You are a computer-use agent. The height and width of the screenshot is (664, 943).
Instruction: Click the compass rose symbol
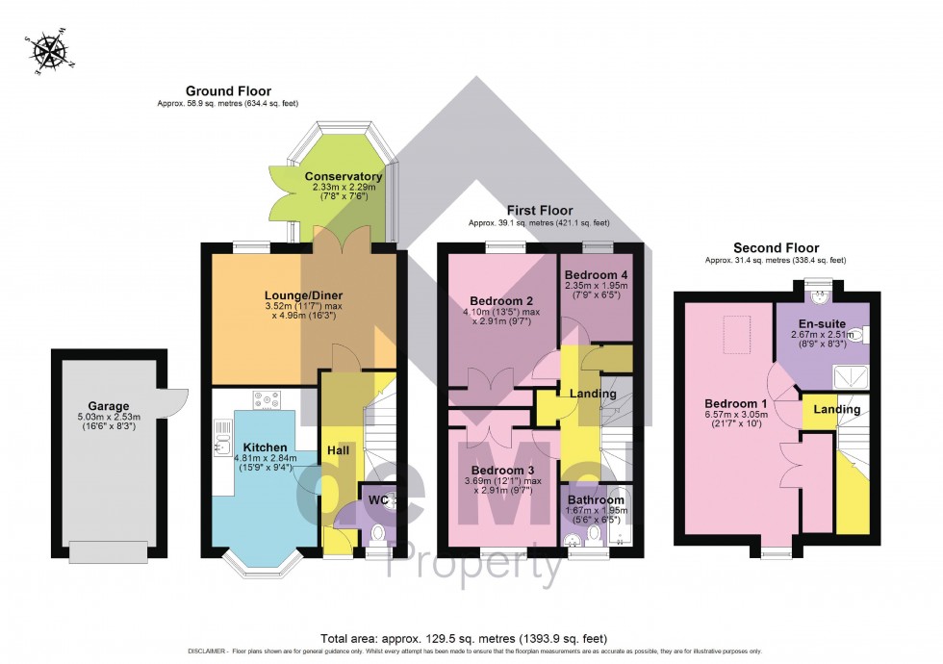46,53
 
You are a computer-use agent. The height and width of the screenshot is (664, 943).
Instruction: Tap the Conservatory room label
344,177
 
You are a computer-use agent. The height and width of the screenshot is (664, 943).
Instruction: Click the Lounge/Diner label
304,295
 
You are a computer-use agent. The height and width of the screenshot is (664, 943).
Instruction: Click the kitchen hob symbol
266,397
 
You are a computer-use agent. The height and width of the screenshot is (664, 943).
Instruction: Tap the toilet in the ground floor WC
377,532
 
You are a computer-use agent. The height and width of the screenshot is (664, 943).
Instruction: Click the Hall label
338,450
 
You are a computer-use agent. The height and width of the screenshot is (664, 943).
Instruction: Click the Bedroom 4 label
595,273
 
